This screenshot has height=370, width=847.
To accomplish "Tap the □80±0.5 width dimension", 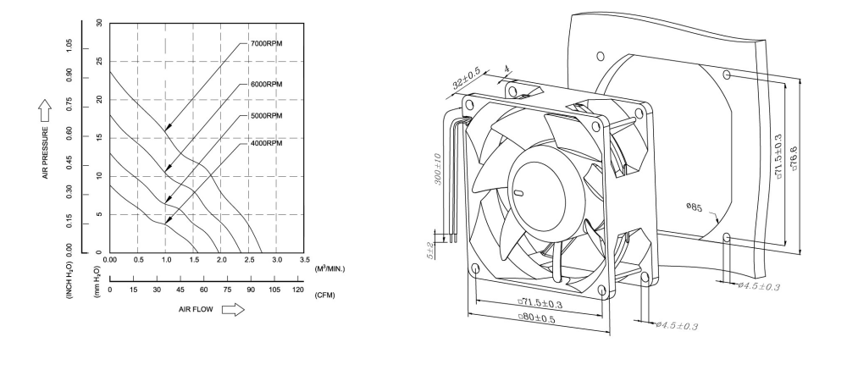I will [x=540, y=318].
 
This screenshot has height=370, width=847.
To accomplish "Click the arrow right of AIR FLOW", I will [x=233, y=311].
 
